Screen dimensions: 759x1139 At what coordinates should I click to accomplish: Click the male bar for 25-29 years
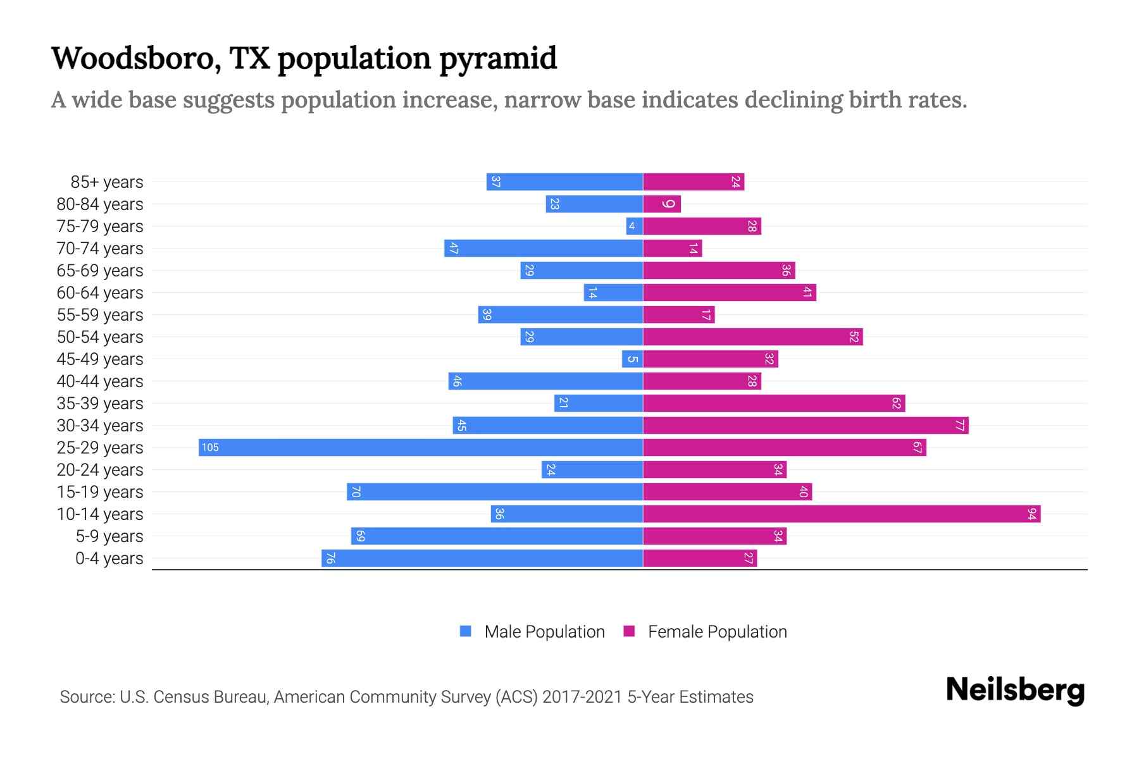421,447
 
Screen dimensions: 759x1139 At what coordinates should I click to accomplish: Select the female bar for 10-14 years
842,514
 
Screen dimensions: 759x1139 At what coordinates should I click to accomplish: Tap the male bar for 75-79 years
635,226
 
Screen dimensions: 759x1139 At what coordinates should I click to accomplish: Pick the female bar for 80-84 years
662,204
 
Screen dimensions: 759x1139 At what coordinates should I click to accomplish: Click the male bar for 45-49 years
632,359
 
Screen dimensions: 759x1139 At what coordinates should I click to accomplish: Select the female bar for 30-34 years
806,425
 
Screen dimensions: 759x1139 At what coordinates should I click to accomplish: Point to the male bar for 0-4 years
482,558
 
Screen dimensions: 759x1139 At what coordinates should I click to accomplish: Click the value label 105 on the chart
210,448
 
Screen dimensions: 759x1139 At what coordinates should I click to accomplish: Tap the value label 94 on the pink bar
1032,514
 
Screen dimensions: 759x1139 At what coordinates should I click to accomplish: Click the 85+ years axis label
107,182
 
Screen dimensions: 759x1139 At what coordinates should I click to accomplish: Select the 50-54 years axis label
100,337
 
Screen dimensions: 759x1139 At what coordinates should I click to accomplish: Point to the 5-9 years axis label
109,536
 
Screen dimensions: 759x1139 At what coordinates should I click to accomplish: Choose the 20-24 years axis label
100,470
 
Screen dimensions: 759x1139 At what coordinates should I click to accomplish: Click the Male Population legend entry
544,632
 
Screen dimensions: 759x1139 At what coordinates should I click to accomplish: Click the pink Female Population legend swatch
629,631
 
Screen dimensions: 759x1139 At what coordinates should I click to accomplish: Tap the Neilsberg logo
1015,690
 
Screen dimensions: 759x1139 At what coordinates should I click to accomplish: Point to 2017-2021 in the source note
582,697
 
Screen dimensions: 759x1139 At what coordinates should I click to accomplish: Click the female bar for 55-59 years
679,314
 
